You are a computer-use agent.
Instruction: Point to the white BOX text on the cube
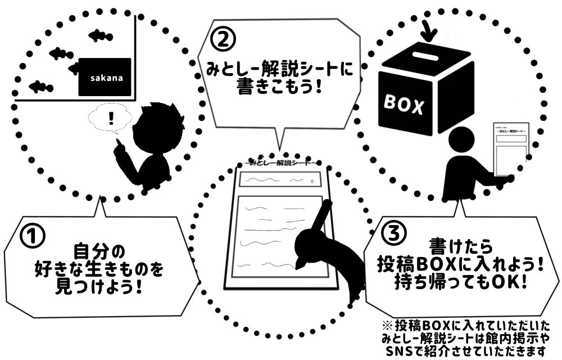pyautogui.click(x=404, y=104)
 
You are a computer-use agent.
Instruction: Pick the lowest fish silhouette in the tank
pyautogui.click(x=40, y=87)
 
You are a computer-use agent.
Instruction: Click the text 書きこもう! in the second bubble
pyautogui.click(x=279, y=88)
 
